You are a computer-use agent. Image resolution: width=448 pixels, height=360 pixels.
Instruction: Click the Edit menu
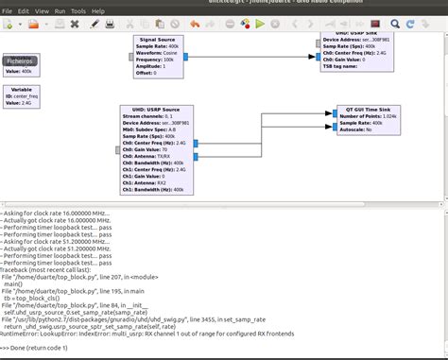click(x=24, y=11)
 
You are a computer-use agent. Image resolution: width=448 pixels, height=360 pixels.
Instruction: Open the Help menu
click(x=98, y=11)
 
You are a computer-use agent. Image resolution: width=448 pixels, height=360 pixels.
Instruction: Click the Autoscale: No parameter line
click(x=359, y=129)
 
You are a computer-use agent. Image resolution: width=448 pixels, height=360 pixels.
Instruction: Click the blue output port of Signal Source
click(x=187, y=57)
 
